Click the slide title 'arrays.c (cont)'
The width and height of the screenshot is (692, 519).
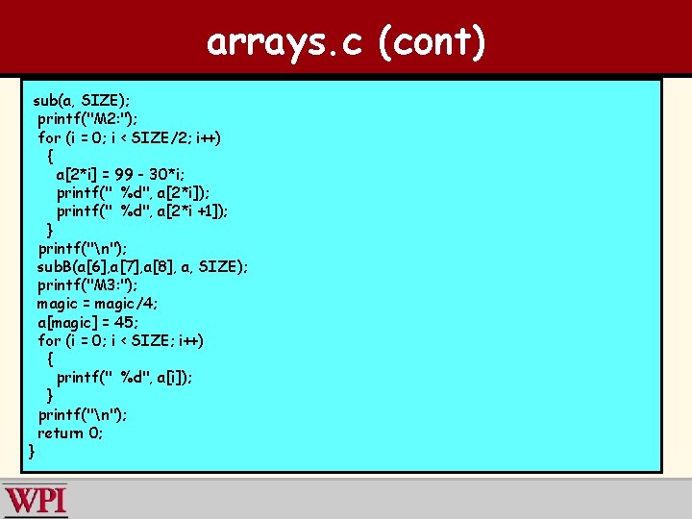click(x=346, y=42)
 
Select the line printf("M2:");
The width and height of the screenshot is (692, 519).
click(x=87, y=119)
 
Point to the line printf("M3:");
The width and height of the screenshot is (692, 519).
click(x=87, y=285)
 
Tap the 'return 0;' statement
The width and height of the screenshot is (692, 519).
click(x=71, y=432)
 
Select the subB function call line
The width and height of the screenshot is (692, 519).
click(x=142, y=267)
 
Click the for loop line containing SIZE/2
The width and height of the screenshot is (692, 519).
click(x=129, y=137)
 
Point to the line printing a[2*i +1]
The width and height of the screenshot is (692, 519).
click(x=142, y=211)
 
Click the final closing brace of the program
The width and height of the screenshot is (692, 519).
click(x=33, y=451)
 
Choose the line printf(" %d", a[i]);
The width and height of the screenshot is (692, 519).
click(x=124, y=378)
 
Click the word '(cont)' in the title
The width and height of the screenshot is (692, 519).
click(x=432, y=42)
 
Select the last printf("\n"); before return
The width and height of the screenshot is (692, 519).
click(x=83, y=414)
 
